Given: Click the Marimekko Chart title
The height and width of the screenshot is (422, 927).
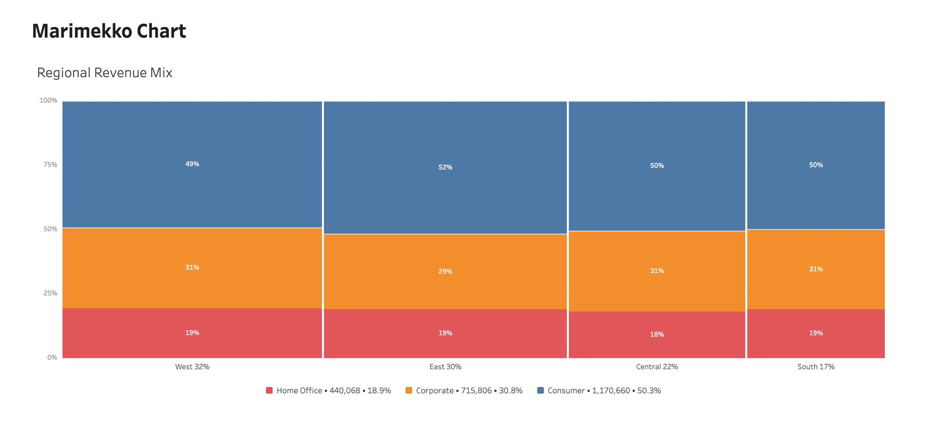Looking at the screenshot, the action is click(109, 31).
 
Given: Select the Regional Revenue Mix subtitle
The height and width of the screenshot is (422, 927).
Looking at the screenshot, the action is click(105, 73).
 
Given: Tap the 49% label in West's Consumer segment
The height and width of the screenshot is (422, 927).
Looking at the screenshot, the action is click(192, 164).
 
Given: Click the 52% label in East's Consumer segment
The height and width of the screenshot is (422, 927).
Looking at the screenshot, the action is click(445, 167).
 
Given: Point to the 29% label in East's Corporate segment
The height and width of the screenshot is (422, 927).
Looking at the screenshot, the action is click(445, 271).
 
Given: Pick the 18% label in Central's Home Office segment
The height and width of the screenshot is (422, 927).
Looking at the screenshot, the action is click(657, 334).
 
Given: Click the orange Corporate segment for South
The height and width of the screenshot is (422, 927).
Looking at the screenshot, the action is click(816, 269).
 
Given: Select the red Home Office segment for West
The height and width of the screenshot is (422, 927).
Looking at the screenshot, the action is click(192, 333).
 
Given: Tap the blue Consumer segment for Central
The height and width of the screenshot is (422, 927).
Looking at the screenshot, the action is click(657, 166).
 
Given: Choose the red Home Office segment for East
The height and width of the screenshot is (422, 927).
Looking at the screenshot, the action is click(445, 333).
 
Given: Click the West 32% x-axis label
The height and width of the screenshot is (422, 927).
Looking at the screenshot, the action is click(192, 367).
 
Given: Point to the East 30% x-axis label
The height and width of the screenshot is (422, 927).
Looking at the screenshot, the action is click(445, 367).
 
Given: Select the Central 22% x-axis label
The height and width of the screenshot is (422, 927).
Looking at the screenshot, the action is click(657, 367).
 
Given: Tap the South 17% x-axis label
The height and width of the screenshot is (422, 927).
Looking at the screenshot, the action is click(816, 367).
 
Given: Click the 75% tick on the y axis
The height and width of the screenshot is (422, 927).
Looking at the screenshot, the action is click(50, 165).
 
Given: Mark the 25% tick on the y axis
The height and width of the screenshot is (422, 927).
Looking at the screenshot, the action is click(50, 293).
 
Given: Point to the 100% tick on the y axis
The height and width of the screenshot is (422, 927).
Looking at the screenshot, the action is click(48, 100).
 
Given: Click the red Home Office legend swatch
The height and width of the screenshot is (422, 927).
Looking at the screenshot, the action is click(269, 390).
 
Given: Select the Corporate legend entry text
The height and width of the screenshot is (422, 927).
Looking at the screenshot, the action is click(469, 390).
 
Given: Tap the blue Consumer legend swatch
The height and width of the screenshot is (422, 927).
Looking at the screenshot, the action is click(541, 390).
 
